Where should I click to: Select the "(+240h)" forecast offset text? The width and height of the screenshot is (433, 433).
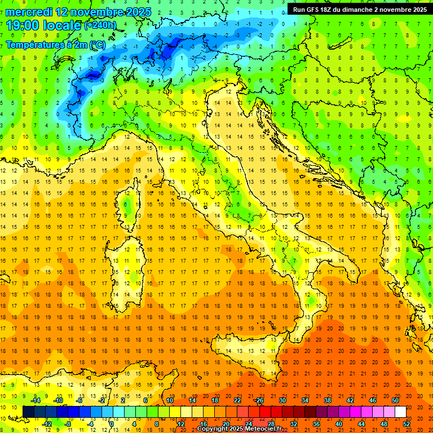(100, 25)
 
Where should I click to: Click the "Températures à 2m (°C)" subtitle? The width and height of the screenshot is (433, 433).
(55, 44)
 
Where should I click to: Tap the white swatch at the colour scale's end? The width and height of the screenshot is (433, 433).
(400, 412)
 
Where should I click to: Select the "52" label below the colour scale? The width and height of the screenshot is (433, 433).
(407, 423)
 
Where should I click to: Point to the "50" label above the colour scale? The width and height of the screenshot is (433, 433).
(395, 400)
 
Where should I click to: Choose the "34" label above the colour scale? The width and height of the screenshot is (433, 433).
(304, 400)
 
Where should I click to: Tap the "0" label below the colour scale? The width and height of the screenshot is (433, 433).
(112, 423)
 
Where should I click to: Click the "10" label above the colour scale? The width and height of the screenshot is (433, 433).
(170, 400)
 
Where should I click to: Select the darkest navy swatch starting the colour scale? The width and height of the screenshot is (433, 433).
(28, 412)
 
